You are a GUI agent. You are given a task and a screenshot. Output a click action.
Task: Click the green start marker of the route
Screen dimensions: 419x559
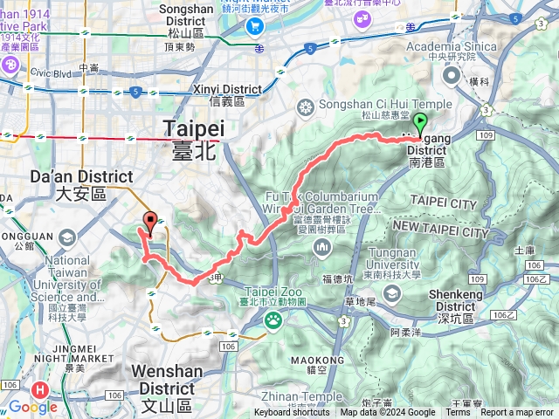pyautogui.click(x=420, y=124)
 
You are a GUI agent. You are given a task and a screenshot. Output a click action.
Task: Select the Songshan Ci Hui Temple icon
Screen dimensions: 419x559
pyautogui.click(x=306, y=107)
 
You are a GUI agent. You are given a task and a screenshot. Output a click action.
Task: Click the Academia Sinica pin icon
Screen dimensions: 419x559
pyautogui.click(x=452, y=75)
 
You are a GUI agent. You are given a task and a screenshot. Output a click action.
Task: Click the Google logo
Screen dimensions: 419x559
pyautogui.click(x=33, y=407)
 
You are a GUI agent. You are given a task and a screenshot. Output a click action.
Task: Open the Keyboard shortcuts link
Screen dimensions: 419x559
pyautogui.click(x=292, y=413)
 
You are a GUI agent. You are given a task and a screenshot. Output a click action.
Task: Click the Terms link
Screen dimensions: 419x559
pyautogui.click(x=458, y=413)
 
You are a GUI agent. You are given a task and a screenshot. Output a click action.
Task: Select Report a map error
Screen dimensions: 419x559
pyautogui.click(x=516, y=413)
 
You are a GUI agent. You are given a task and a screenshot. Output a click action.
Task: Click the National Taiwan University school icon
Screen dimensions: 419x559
pyautogui.click(x=66, y=238)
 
